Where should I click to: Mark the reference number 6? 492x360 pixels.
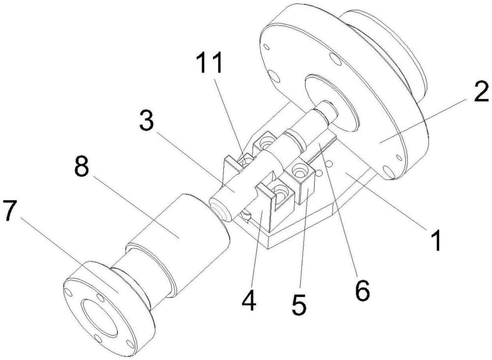[361, 291]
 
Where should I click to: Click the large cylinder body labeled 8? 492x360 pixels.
[197, 236]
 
